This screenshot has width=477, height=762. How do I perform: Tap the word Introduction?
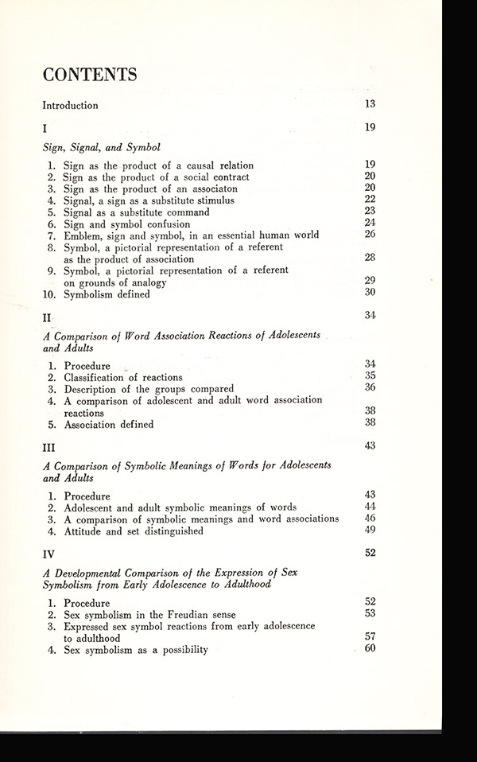pyautogui.click(x=70, y=105)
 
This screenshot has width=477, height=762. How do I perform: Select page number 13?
pyautogui.click(x=370, y=103)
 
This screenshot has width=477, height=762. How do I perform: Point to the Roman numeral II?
pyautogui.click(x=47, y=318)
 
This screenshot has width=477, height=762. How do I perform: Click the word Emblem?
pyautogui.click(x=85, y=235)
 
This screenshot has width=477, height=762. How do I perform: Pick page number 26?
pyautogui.click(x=370, y=234)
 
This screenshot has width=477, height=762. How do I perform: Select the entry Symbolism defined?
pyautogui.click(x=109, y=294)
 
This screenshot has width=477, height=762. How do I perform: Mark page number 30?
pyautogui.click(x=370, y=293)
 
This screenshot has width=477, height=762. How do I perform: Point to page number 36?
pyautogui.click(x=370, y=387)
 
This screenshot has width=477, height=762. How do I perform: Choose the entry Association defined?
pyautogui.click(x=111, y=424)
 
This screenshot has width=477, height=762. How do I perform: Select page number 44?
pyautogui.click(x=370, y=507)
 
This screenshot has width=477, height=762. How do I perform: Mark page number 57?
pyautogui.click(x=370, y=637)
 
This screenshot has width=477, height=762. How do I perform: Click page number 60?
pyautogui.click(x=370, y=650)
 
